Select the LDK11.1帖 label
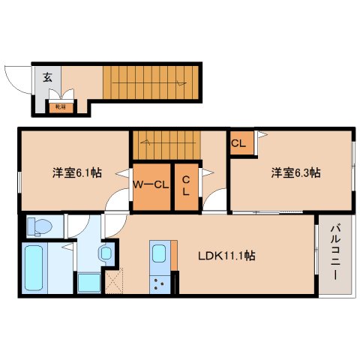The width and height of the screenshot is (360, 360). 224,256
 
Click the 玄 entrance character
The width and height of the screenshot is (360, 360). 46,76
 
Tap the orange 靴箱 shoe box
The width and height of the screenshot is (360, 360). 59,106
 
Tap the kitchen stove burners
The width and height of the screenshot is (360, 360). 160,283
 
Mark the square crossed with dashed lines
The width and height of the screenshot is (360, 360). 113,283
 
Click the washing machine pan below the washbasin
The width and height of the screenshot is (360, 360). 88,283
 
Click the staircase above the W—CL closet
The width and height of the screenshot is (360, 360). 166,144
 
